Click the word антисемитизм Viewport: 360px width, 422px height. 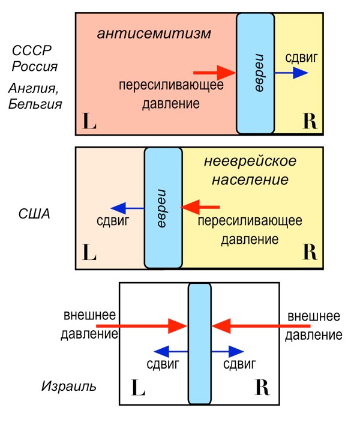click(x=154, y=34)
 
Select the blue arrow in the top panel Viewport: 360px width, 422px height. click(x=292, y=73)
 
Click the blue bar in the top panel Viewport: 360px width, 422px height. click(x=255, y=73)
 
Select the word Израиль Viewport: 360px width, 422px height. click(x=68, y=385)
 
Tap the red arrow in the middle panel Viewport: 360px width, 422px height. click(x=193, y=208)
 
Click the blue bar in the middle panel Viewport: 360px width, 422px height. click(x=163, y=208)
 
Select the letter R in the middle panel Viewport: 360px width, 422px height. click(x=310, y=252)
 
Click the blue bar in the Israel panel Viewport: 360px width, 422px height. click(x=200, y=343)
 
